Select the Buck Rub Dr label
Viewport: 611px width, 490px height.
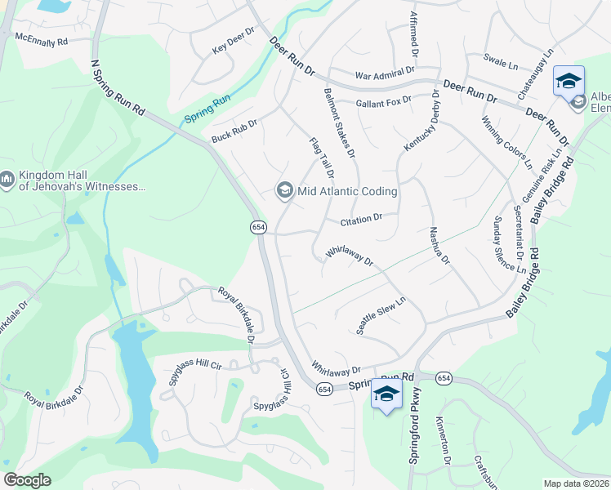(234, 130)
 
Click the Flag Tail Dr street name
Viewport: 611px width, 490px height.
(322, 158)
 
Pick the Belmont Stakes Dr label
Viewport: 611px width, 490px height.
(341, 122)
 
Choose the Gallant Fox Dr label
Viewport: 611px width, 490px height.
(384, 102)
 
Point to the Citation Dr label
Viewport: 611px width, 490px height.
(361, 220)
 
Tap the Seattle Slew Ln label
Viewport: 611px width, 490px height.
(381, 314)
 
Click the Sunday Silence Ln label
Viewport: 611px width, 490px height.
(508, 244)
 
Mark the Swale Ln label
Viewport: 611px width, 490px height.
(501, 60)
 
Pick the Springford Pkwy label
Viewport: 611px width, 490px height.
(413, 432)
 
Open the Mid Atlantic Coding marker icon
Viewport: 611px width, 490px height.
(284, 191)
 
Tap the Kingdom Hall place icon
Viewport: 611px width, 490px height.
(7, 179)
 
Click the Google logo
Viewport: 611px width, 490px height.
(28, 479)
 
